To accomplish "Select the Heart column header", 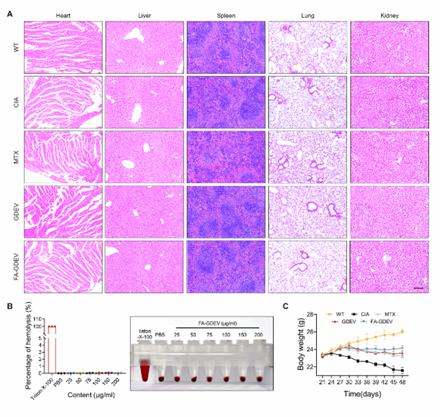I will point(62,14).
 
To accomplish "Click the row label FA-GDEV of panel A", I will point(15,264).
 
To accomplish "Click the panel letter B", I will point(8,303).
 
